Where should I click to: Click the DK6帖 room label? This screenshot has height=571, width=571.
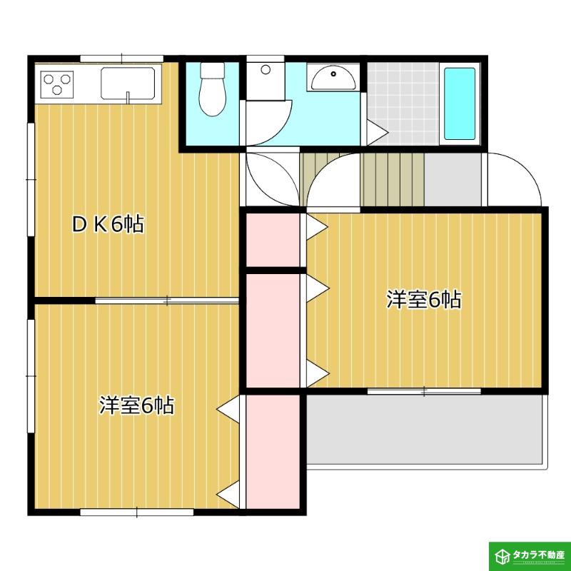[x=108, y=224]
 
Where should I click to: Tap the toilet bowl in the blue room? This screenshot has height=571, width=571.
[x=212, y=89]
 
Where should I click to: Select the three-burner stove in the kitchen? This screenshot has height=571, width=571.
[x=57, y=84]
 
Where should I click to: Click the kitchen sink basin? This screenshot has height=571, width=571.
[x=128, y=84]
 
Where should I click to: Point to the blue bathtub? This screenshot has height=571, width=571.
[x=460, y=103]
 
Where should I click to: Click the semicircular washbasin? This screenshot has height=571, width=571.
[x=333, y=78]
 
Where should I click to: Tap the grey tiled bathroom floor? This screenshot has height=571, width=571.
[x=403, y=103]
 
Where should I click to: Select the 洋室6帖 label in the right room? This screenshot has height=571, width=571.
[x=424, y=300]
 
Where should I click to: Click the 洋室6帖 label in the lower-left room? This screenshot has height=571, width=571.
[x=137, y=405]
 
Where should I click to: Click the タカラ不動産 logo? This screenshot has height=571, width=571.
[x=530, y=555]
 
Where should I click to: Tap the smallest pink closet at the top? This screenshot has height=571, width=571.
[x=273, y=240]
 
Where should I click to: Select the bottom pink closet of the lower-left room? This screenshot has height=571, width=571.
[x=273, y=452]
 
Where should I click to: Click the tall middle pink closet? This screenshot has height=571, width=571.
[x=273, y=330]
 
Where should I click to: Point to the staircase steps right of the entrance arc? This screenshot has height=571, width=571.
[x=392, y=180]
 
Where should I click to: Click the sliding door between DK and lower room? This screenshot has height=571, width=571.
[x=167, y=300]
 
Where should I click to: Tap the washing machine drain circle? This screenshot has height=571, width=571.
[x=266, y=69]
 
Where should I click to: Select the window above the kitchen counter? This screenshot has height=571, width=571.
[x=121, y=59]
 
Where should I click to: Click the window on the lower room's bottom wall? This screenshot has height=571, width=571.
[x=136, y=512]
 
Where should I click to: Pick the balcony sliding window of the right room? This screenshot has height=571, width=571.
[x=424, y=391]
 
